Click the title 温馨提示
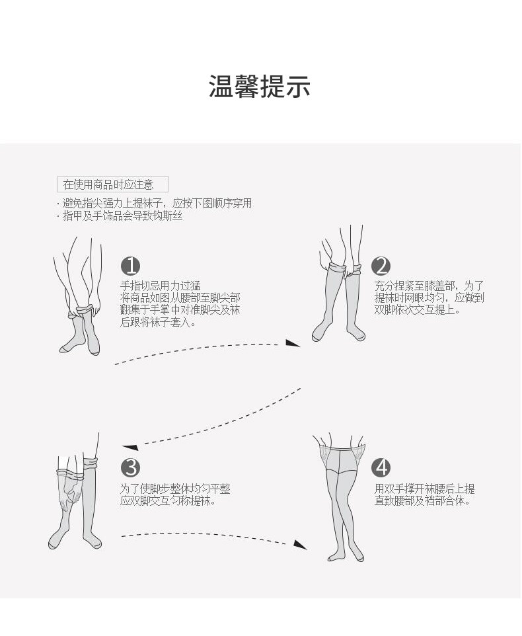260,87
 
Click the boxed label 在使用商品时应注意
113,184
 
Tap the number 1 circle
131,266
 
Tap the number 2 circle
381,266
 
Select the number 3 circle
131,467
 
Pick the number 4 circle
381,467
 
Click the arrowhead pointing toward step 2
293,342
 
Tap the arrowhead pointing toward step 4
300,544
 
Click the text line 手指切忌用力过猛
161,286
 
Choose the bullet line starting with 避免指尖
157,204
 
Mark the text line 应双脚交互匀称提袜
168,501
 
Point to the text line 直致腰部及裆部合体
422,501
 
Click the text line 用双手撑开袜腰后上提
424,489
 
